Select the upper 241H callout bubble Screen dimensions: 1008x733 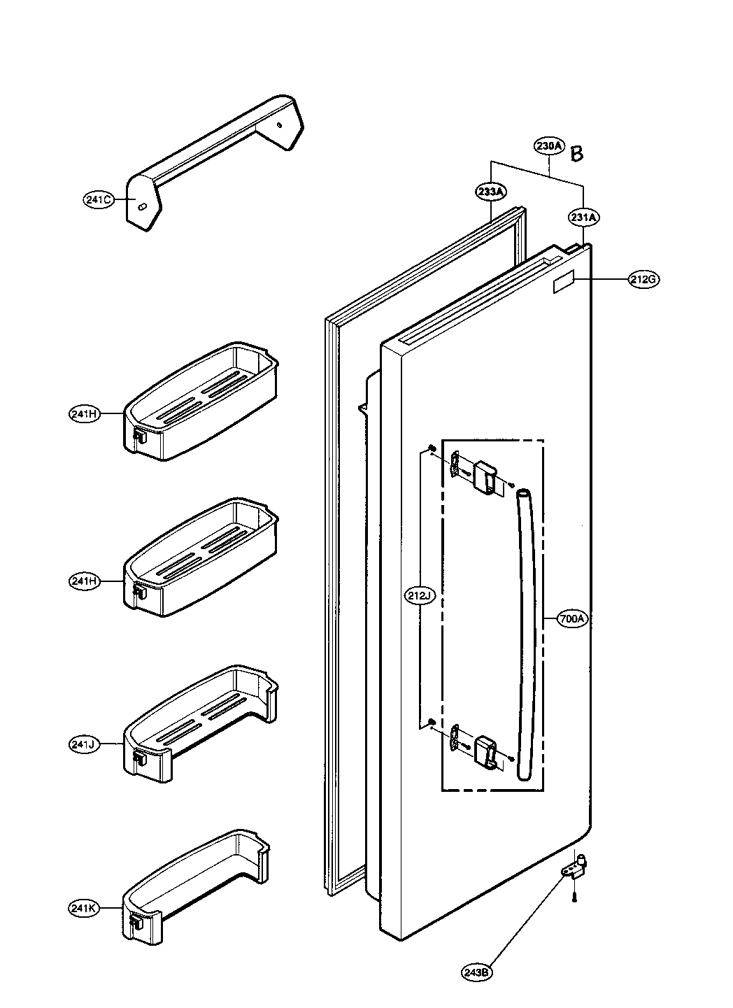click(x=84, y=414)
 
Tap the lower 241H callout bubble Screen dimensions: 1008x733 click(x=84, y=580)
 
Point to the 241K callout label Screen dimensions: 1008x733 click(x=84, y=909)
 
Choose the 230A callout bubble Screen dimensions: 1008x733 click(x=549, y=146)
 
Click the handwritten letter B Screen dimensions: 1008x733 click(x=576, y=153)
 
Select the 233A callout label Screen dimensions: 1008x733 click(x=491, y=190)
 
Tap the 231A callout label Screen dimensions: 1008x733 click(x=583, y=218)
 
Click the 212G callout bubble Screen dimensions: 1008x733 click(x=642, y=280)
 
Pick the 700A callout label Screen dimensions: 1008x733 click(x=573, y=618)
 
